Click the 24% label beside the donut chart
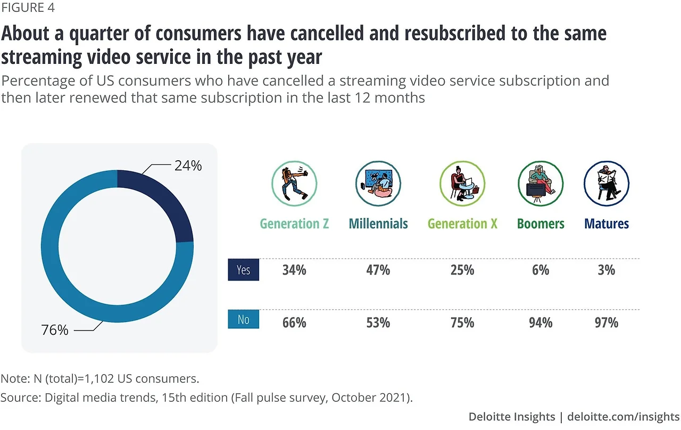(188, 166)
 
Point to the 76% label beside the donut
(55, 330)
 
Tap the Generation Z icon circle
(294, 184)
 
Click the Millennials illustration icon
(378, 184)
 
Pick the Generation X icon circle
(462, 184)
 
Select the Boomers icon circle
(541, 184)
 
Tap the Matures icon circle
(607, 184)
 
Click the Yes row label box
(243, 270)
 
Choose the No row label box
(243, 319)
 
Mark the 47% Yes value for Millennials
(378, 270)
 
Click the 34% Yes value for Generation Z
(294, 270)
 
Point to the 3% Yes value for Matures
(606, 270)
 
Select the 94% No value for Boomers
(541, 322)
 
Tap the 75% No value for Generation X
(462, 322)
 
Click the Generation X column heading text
(462, 224)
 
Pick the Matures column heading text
(607, 224)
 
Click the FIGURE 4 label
(27, 8)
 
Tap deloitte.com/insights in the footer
(624, 416)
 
